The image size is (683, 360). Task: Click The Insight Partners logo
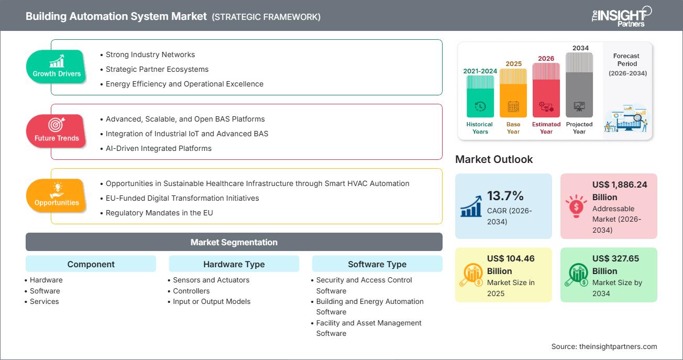pos(621,16)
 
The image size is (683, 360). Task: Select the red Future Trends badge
pos(57,131)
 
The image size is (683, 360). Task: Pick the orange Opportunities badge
pos(57,195)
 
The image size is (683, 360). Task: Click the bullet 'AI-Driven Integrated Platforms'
pos(159,148)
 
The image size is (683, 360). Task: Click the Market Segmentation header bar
pos(234,242)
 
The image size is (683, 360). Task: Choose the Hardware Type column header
pos(234,264)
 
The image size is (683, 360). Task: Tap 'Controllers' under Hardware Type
pos(191,291)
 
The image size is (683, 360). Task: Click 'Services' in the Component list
pos(45,301)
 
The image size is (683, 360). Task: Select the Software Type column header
pos(377,264)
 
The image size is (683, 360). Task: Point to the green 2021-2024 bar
pos(480,96)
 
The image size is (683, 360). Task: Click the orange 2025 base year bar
pos(513,93)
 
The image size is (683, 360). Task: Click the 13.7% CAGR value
pos(505,196)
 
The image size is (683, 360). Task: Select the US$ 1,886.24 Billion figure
pos(620,191)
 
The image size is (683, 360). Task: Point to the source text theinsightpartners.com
pos(604,346)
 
